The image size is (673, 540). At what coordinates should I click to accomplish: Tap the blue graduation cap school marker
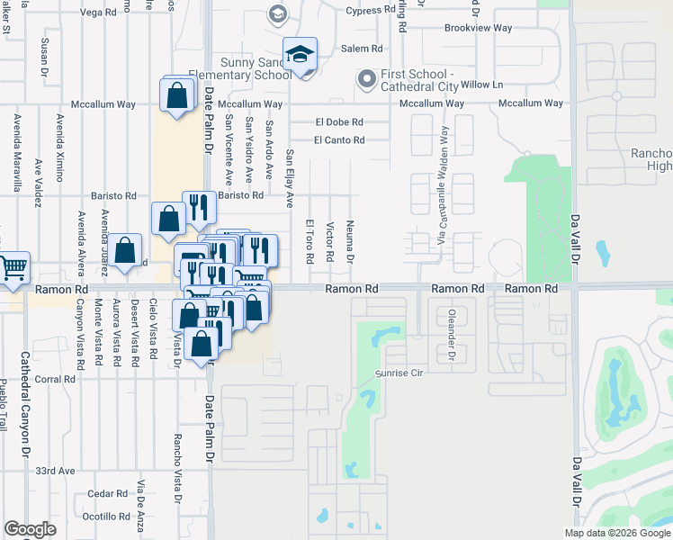coord(301,56)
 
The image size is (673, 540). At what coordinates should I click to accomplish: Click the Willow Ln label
coord(482,85)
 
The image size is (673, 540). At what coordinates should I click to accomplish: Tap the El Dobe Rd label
coord(339,121)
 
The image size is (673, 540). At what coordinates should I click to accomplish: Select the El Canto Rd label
coord(339,139)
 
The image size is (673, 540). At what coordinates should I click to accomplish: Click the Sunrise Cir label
coord(399,373)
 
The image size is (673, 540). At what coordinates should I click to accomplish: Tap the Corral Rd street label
coord(56,380)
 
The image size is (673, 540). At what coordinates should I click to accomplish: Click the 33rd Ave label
coord(55,471)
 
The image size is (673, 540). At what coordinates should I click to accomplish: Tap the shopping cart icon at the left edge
coord(13,268)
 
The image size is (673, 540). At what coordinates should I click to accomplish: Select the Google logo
coord(30,529)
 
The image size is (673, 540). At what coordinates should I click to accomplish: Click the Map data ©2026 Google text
coord(617,533)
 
